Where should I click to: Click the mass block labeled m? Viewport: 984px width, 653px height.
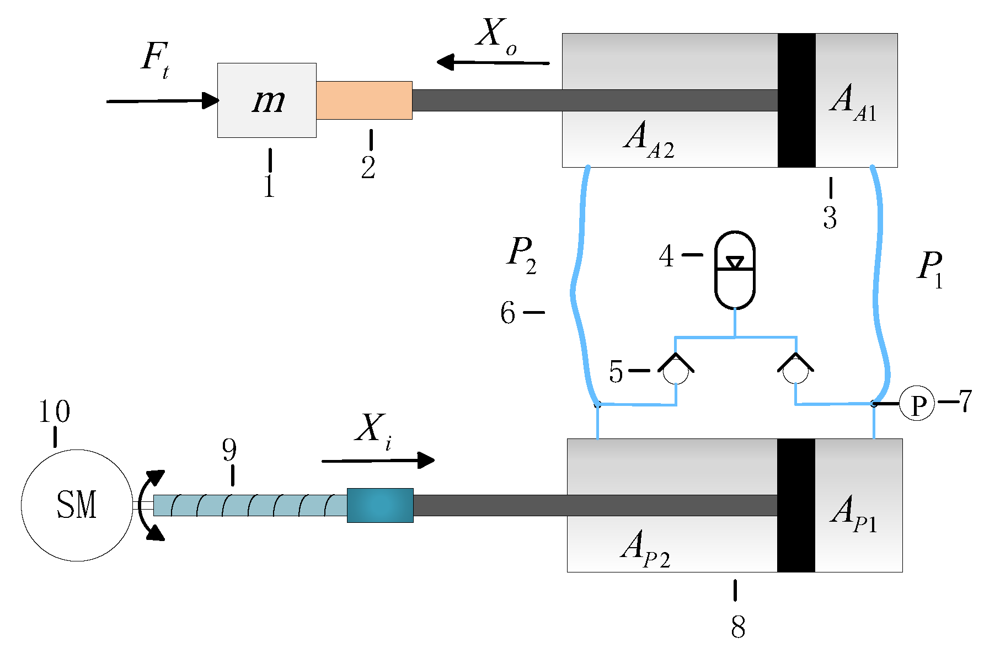pos(266,100)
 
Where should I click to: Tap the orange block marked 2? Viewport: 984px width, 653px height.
pos(364,100)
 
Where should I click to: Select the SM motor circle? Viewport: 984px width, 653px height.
pos(77,505)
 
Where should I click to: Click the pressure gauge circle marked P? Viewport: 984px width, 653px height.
pos(917,404)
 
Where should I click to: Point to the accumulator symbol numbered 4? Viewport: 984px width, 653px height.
pos(735,270)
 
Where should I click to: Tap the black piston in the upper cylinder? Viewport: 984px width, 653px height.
pos(796,100)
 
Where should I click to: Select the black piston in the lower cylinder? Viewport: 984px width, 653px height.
pos(796,505)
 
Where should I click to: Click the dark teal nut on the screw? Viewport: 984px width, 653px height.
pos(380,505)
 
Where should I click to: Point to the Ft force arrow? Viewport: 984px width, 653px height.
pos(163,101)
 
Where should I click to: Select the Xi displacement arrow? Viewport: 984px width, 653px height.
pos(378,460)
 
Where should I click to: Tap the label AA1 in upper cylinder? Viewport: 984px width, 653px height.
pos(853,103)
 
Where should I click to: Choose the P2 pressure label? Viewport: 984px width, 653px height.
pos(522,255)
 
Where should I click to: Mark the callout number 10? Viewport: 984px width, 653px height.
pos(54,411)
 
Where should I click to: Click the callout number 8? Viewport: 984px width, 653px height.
pos(738,627)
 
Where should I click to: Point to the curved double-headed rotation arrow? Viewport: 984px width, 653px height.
pos(150,505)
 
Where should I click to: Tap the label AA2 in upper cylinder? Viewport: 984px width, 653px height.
pos(649,140)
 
